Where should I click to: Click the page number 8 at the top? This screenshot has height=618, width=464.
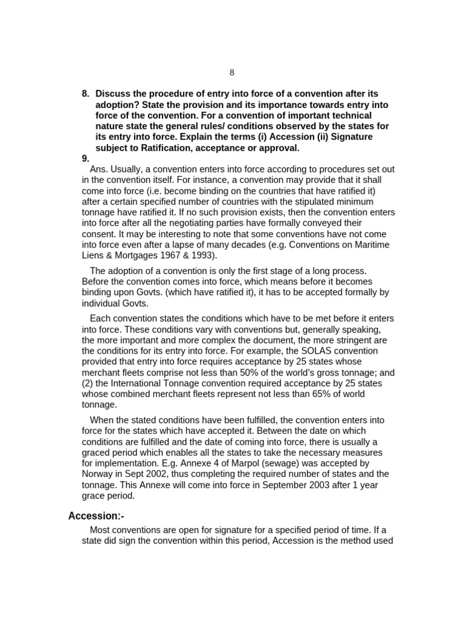pyautogui.click(x=232, y=72)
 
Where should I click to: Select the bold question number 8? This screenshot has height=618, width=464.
pyautogui.click(x=85, y=94)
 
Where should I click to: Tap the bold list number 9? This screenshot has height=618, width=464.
pyautogui.click(x=85, y=159)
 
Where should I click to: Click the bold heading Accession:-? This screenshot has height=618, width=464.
pyautogui.click(x=96, y=515)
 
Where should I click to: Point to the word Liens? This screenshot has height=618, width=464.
pyautogui.click(x=94, y=255)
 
